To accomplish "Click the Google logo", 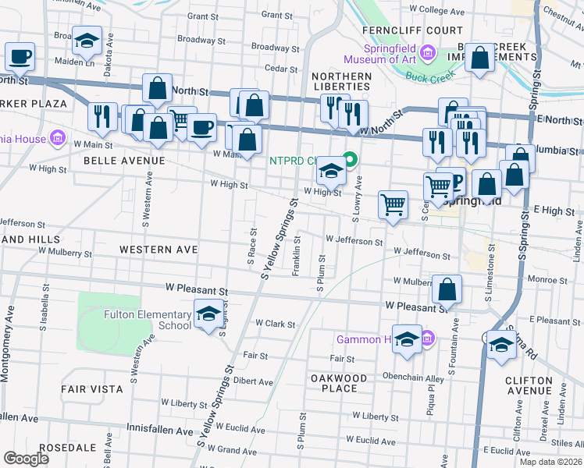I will [26, 459].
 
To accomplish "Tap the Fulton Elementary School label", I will [148, 320].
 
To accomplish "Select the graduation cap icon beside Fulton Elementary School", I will [208, 314].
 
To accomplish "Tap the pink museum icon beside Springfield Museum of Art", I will [426, 54].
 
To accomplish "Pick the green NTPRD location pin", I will [351, 161].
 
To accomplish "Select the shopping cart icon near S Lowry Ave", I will [393, 205].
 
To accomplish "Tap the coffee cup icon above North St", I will [20, 57].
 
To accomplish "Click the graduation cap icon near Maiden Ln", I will [87, 41].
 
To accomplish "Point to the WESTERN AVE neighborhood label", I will [158, 249].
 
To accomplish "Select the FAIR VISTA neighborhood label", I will [92, 388].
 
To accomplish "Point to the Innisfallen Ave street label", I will [159, 431].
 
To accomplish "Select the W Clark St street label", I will [276, 324].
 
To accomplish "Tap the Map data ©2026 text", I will [550, 462].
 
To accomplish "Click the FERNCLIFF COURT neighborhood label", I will [402, 30].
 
